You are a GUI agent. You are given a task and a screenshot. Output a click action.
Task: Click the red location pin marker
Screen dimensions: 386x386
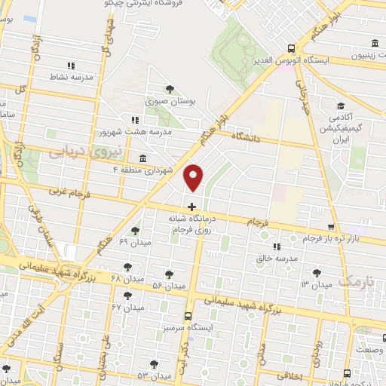click(194, 177)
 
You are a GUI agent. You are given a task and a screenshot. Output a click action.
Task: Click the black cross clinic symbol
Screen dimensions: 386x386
click(191, 206)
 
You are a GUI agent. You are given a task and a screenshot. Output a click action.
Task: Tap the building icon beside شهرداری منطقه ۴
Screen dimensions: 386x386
click(142, 158)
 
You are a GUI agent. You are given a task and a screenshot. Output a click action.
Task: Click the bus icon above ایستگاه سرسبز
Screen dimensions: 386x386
click(188, 317)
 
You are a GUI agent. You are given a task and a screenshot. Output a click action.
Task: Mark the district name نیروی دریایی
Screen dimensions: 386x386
click(75, 152)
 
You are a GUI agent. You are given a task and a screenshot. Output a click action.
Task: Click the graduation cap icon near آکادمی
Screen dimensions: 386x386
click(340, 106)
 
